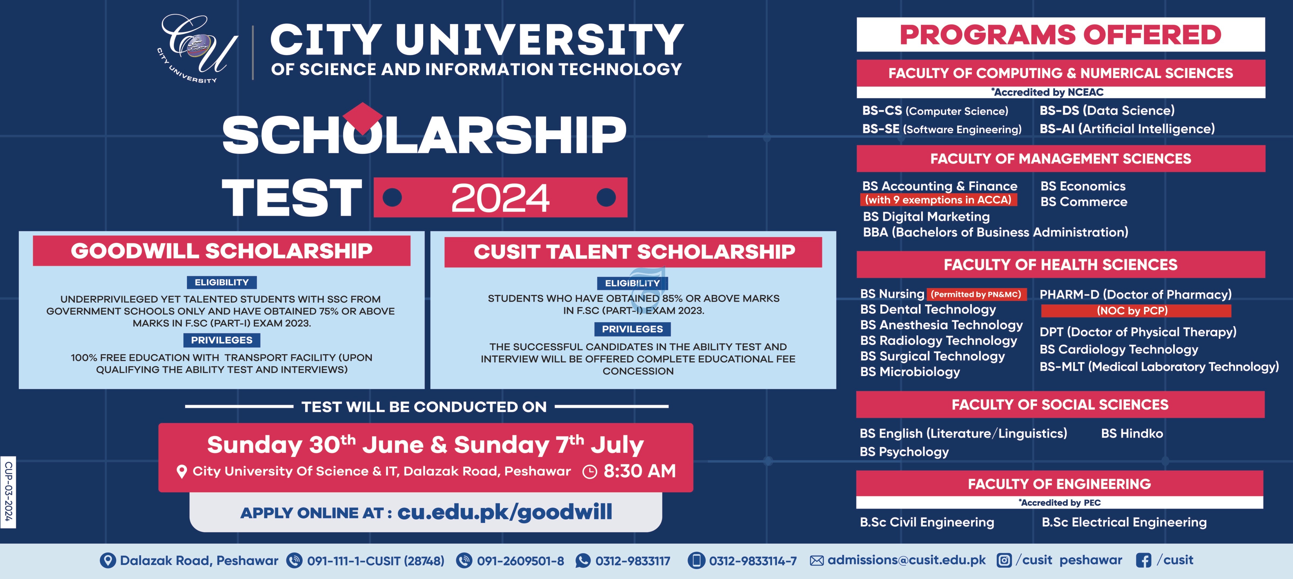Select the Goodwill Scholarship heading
tap(221, 250)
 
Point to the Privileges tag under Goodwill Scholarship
tap(221, 340)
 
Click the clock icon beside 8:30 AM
tap(590, 472)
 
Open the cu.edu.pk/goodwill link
tap(505, 512)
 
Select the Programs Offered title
tap(1060, 35)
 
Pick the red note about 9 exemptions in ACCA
tap(938, 200)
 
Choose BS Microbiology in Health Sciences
tap(910, 372)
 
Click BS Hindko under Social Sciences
tap(1132, 433)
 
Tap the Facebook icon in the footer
tap(1143, 560)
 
